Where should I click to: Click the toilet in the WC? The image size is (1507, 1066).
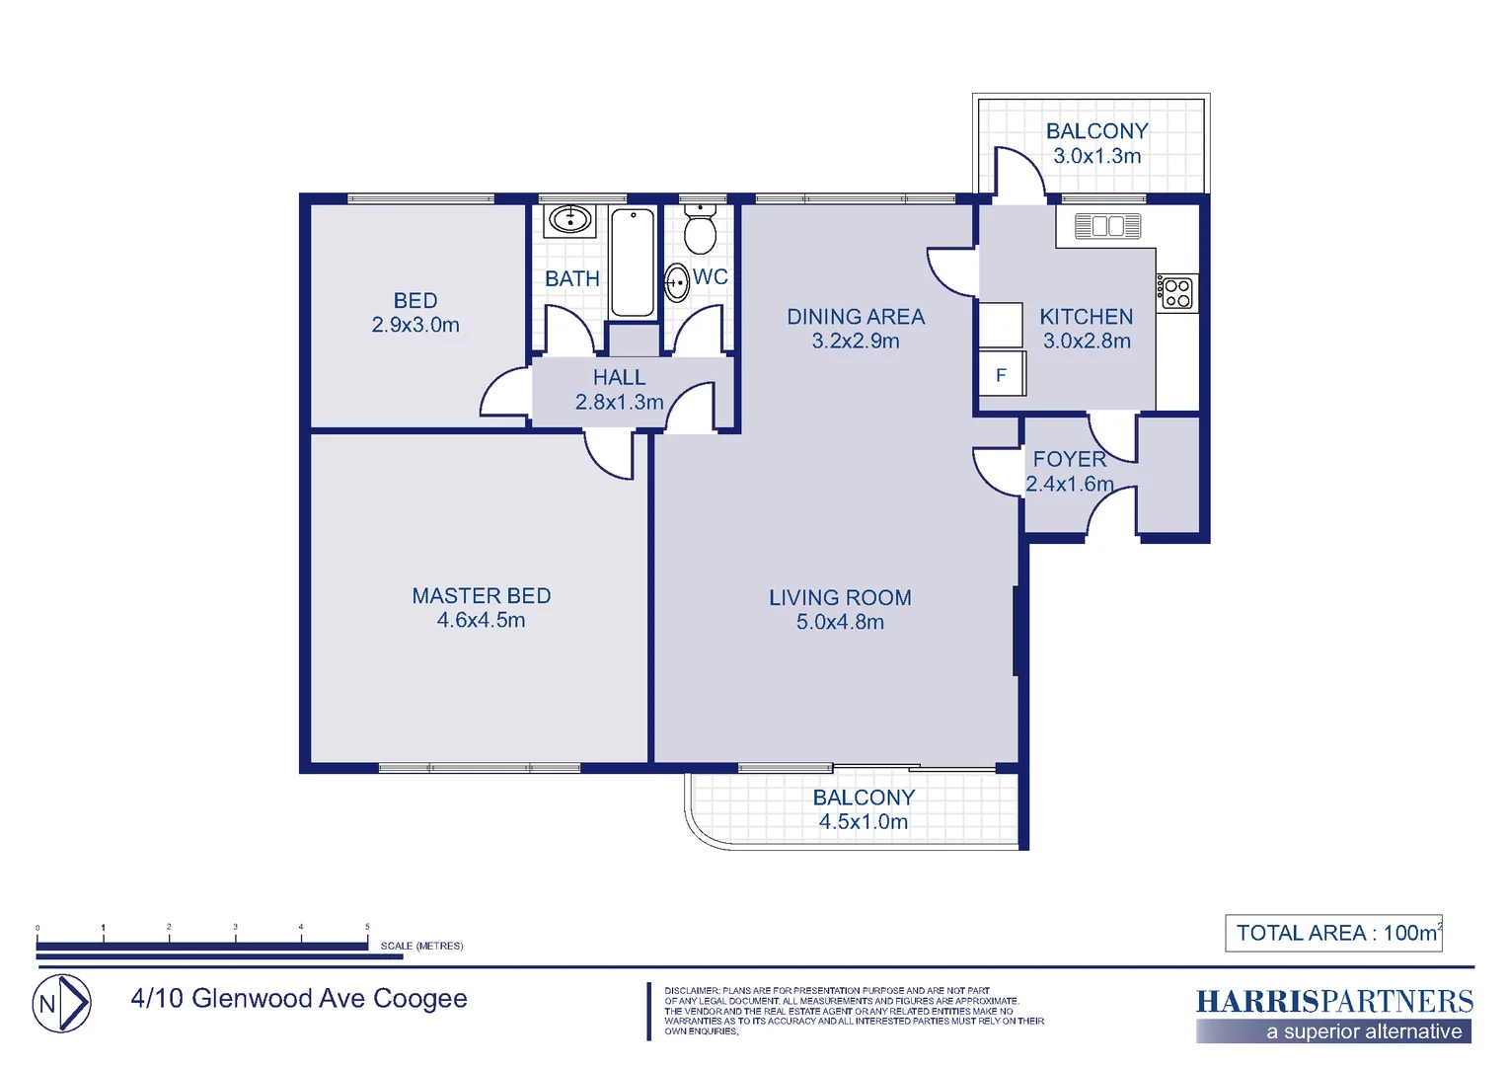(700, 233)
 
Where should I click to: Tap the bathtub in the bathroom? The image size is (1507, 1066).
(632, 262)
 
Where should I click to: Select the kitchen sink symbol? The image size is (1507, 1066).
(1106, 226)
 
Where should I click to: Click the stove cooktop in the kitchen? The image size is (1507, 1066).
(1177, 293)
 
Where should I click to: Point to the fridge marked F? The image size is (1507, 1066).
(1002, 375)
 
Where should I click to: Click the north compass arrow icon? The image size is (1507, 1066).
(62, 1004)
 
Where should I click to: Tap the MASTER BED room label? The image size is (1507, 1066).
(481, 596)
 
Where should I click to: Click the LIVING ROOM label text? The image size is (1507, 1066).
(840, 598)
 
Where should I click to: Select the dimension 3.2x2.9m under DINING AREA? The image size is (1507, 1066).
(856, 342)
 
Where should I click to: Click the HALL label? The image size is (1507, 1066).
(619, 378)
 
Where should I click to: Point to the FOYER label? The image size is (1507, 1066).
(1069, 460)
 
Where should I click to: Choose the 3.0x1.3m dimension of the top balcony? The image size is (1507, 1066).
(1096, 156)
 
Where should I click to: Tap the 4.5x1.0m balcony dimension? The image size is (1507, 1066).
(863, 822)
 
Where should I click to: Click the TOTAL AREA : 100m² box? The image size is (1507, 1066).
(1333, 933)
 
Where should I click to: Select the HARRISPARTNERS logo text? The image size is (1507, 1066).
(1333, 1002)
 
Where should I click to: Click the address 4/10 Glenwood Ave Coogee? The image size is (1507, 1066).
(299, 999)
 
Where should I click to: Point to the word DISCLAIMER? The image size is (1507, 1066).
(692, 990)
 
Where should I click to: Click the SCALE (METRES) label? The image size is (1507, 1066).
(421, 946)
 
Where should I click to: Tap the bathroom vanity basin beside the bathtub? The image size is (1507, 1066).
(569, 219)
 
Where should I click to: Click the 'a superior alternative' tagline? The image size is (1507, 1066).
(1364, 1032)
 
